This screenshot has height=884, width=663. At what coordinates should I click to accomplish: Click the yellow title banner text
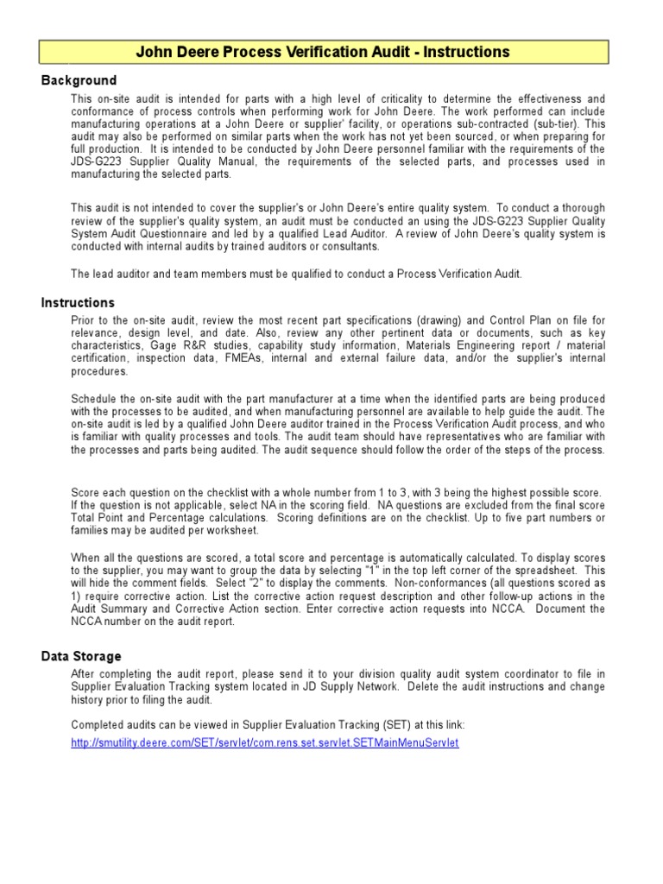point(323,53)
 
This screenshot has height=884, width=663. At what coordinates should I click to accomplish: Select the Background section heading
point(79,80)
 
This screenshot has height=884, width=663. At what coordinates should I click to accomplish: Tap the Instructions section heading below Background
point(78,303)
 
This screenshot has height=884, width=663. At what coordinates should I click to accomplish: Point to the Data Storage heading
point(81,656)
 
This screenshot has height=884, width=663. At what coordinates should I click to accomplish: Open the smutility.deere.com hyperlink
point(265,742)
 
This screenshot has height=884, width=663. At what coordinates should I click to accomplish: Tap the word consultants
point(349,246)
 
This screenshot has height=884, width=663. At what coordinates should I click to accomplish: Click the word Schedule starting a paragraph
point(95,399)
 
